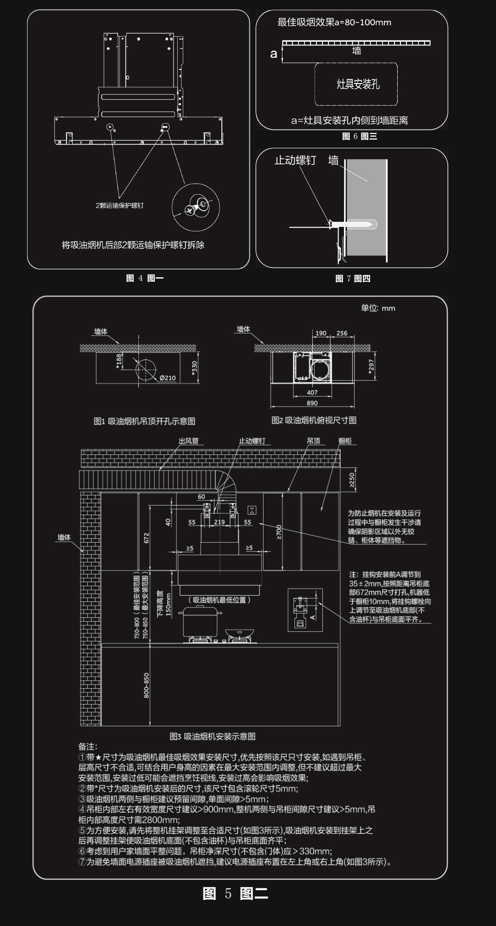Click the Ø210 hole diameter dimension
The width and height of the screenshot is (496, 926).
168,378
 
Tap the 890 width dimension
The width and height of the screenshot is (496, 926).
312,403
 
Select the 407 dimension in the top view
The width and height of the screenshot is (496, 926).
312,393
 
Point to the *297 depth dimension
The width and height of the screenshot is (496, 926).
371,365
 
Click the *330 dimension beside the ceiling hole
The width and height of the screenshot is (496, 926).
194,367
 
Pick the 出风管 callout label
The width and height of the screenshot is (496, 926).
188,441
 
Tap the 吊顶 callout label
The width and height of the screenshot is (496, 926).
314,441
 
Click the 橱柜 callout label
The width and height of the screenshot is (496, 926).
345,441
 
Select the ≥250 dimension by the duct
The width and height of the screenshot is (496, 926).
352,480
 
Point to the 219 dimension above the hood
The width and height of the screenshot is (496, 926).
219,522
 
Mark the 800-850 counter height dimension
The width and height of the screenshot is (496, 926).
147,685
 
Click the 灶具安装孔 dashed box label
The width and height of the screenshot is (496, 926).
358,84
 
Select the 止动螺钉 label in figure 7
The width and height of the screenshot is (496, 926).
295,160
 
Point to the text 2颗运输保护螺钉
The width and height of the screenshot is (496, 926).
119,205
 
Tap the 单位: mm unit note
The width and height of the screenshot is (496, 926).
378,308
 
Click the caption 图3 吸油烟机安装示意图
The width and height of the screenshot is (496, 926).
212,736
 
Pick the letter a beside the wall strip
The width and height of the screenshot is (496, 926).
274,54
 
